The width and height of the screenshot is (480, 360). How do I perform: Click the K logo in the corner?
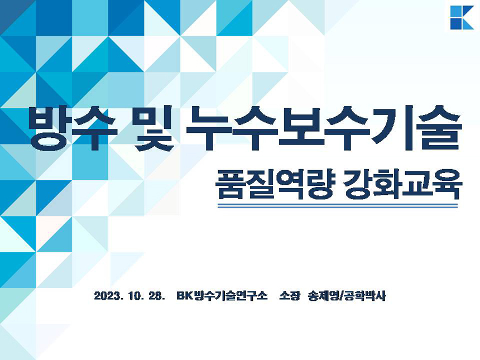click(462, 17)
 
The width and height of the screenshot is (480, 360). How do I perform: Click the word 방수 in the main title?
click(73, 128)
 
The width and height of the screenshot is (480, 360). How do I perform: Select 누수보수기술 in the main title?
click(324, 128)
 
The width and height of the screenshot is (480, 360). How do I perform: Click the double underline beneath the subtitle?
click(338, 206)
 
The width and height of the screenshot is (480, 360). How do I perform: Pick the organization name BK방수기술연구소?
click(222, 296)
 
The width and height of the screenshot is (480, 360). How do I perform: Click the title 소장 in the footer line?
click(289, 296)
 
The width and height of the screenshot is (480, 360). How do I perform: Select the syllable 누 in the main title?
click(209, 128)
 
